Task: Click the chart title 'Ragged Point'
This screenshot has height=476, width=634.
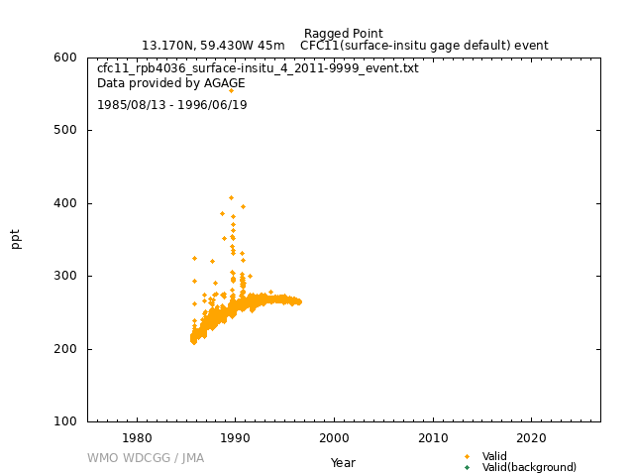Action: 344,33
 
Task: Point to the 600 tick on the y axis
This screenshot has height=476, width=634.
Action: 65,58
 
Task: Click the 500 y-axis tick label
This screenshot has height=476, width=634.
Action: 65,130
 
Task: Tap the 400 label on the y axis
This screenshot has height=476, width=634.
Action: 65,203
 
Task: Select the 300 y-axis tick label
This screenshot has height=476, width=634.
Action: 65,276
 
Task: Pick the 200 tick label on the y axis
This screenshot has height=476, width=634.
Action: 65,349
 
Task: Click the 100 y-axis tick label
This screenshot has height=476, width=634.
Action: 65,421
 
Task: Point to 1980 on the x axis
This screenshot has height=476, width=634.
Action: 137,438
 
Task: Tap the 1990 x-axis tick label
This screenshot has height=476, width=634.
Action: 236,438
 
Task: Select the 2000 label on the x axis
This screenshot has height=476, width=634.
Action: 334,438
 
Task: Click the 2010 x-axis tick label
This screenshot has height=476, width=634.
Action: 433,438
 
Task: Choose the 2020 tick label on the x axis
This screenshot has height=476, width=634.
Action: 531,438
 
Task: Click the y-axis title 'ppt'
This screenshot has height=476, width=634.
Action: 16,239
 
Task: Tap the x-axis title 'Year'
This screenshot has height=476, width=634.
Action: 343,463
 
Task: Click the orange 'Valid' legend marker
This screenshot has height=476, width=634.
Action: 467,456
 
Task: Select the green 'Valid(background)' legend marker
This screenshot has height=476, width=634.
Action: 467,467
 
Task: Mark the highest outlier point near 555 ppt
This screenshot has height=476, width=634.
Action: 231,90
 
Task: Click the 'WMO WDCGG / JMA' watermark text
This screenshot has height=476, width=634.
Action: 146,458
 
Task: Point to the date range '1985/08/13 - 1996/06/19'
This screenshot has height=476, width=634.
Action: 171,105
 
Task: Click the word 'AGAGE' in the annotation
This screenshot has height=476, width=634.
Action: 225,83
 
